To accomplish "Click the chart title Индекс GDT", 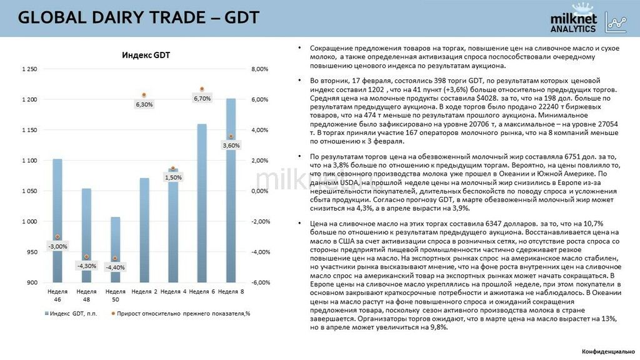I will [146, 56].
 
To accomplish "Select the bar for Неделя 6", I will [202, 206].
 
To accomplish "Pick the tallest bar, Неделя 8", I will [231, 194].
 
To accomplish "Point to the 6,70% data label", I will [202, 99].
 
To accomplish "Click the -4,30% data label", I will [86, 266].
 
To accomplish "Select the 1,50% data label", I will [172, 177].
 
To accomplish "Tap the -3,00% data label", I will [57, 246].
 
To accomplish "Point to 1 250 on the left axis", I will [29, 69].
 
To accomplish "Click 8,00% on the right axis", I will [259, 69].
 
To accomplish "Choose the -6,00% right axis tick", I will [260, 282].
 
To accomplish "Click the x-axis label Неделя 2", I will [144, 292].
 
